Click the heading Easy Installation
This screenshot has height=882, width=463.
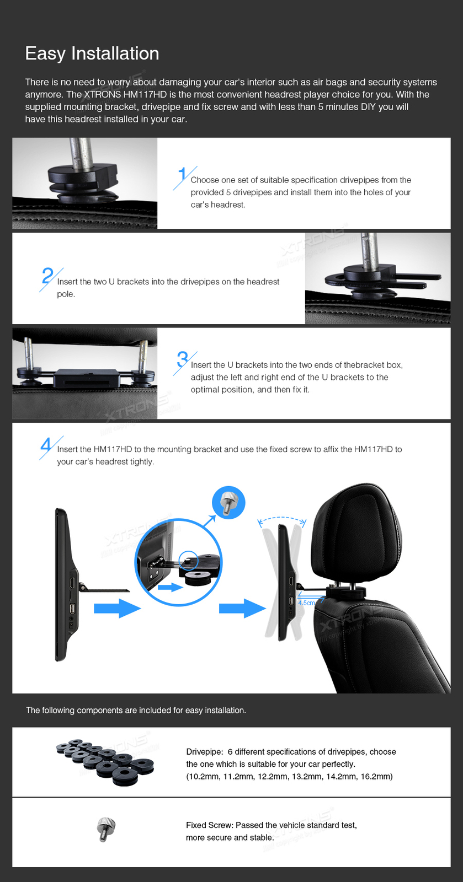(92, 53)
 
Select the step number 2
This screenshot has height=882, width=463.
(47, 275)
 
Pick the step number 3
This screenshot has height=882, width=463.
(182, 359)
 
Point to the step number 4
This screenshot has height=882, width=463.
(46, 444)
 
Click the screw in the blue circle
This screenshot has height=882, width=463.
(228, 503)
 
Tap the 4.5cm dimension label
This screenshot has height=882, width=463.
(306, 603)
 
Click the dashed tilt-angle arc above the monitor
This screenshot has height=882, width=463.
(282, 519)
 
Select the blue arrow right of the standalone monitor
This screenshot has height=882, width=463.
(117, 609)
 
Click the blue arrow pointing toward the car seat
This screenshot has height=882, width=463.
(242, 609)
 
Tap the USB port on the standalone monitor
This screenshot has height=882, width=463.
(72, 609)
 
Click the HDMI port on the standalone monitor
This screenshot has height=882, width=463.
(72, 582)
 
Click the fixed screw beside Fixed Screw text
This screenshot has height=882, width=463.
(106, 829)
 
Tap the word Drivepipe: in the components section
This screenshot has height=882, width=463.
(204, 752)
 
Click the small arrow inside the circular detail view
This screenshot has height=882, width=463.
(170, 588)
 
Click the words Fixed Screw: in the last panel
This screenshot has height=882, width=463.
(210, 825)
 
